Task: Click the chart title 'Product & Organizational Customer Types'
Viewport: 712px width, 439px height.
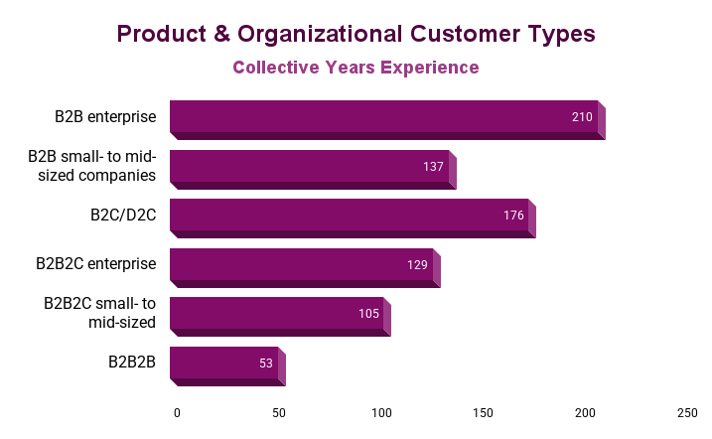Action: click(x=356, y=34)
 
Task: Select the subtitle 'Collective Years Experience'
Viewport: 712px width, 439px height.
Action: click(x=356, y=68)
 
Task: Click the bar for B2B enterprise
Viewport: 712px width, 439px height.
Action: click(x=384, y=117)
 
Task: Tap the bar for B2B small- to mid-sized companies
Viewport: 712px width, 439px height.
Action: click(x=309, y=167)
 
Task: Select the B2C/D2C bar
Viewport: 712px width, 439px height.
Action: click(x=350, y=216)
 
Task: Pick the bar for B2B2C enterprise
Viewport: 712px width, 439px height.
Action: click(x=301, y=265)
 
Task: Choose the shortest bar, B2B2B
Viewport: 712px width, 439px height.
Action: click(x=223, y=364)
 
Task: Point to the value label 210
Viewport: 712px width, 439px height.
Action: click(x=582, y=117)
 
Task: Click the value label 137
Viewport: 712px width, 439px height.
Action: click(x=433, y=167)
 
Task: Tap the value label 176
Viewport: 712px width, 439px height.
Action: click(x=513, y=216)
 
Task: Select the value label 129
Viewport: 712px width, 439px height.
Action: click(x=417, y=265)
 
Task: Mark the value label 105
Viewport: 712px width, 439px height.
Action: click(x=368, y=314)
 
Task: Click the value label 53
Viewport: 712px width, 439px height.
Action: click(x=266, y=364)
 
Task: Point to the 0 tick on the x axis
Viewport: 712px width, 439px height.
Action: click(x=177, y=412)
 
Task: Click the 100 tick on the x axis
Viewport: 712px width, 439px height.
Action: click(x=381, y=412)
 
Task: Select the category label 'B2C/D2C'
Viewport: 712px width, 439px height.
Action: click(x=123, y=215)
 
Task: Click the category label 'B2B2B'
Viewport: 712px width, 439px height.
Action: click(x=132, y=363)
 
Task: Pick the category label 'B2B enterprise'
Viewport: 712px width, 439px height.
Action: click(x=105, y=116)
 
